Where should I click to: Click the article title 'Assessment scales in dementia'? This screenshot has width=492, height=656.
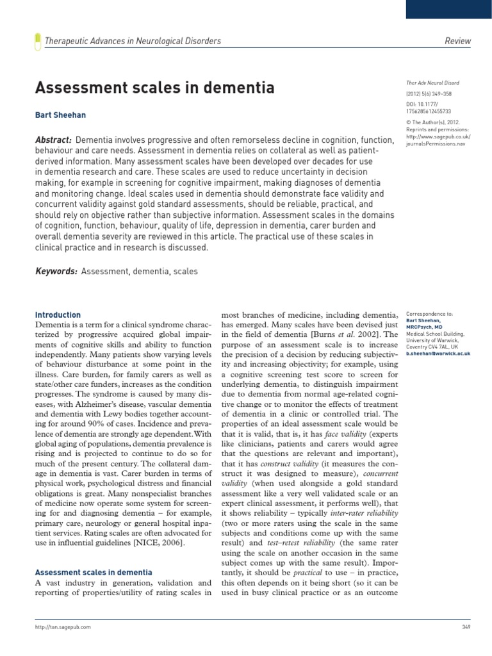154,87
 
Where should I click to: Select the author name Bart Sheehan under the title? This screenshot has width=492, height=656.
61,116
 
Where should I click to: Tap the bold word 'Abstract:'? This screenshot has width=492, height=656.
53,140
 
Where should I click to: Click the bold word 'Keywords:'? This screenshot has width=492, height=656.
56,272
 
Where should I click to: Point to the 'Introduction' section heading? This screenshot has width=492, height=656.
58,315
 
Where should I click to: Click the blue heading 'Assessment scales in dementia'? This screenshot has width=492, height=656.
94,572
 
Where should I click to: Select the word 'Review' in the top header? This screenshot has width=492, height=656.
457,41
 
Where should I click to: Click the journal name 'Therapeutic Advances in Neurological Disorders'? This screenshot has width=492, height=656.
133,41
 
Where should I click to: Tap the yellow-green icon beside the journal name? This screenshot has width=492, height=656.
37,41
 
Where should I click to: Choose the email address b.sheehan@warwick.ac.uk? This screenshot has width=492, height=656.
438,353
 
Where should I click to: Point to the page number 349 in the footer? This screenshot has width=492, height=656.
466,627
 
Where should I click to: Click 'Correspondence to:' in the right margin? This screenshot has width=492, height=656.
429,315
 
